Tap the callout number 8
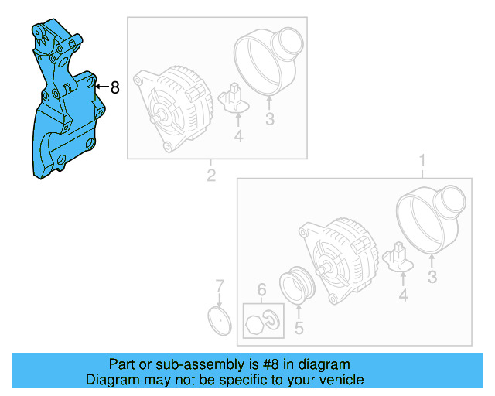pyautogui.click(x=114, y=88)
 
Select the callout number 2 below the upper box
pyautogui.click(x=210, y=176)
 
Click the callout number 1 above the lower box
pyautogui.click(x=422, y=161)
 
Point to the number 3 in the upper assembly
pyautogui.click(x=269, y=119)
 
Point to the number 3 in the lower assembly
pyautogui.click(x=432, y=276)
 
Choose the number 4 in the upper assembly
pyautogui.click(x=238, y=136)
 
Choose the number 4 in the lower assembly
pyautogui.click(x=402, y=294)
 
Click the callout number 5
pyautogui.click(x=299, y=328)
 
